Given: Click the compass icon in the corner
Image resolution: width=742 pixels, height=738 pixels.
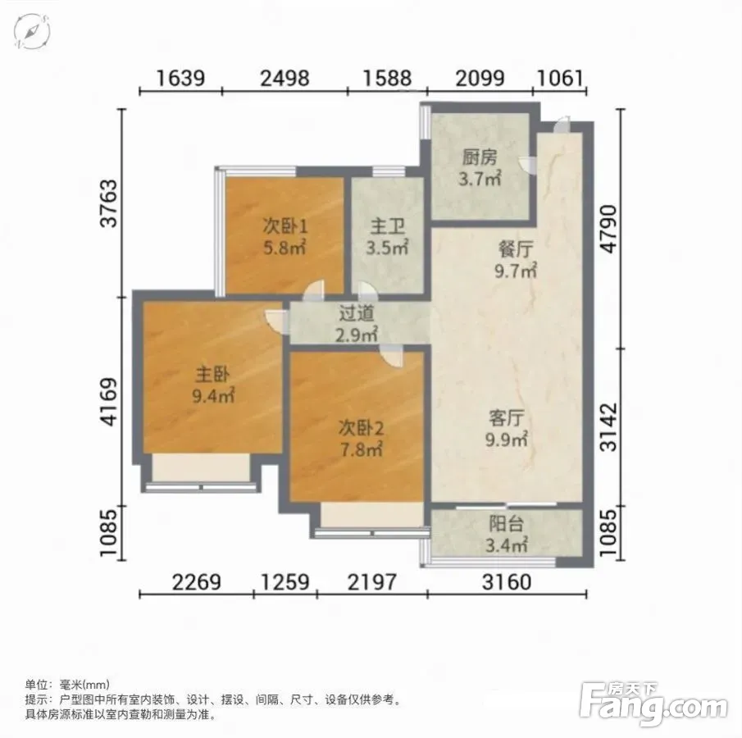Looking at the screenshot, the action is pyautogui.click(x=32, y=31).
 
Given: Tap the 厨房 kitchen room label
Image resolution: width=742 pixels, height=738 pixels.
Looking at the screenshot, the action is pyautogui.click(x=480, y=157).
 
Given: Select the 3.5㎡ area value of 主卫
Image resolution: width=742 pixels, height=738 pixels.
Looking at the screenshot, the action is pyautogui.click(x=387, y=247).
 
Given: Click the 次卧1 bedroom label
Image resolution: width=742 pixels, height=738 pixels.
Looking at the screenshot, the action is pyautogui.click(x=285, y=227).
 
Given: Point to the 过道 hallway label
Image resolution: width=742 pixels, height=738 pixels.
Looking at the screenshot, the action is pyautogui.click(x=357, y=313).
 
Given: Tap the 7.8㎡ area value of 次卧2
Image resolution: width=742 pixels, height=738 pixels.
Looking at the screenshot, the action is pyautogui.click(x=361, y=449).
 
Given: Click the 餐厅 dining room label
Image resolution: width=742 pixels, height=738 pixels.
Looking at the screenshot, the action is pyautogui.click(x=516, y=249).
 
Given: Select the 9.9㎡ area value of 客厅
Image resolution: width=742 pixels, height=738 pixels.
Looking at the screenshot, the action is pyautogui.click(x=506, y=440).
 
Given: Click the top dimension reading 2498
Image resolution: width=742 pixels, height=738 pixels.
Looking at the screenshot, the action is pyautogui.click(x=285, y=78).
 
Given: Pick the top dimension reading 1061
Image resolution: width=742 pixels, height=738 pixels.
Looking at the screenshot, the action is pyautogui.click(x=559, y=78).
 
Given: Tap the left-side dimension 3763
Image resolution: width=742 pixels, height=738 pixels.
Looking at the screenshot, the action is pyautogui.click(x=109, y=203).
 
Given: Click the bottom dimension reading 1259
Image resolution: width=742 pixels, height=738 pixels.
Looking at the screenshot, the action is pyautogui.click(x=285, y=581).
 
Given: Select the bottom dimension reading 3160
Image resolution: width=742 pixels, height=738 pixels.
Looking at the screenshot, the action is pyautogui.click(x=507, y=581).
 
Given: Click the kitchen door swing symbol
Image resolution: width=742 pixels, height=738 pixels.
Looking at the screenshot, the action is pyautogui.click(x=527, y=166).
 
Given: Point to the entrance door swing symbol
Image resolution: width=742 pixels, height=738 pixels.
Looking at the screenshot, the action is pyautogui.click(x=562, y=124).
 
